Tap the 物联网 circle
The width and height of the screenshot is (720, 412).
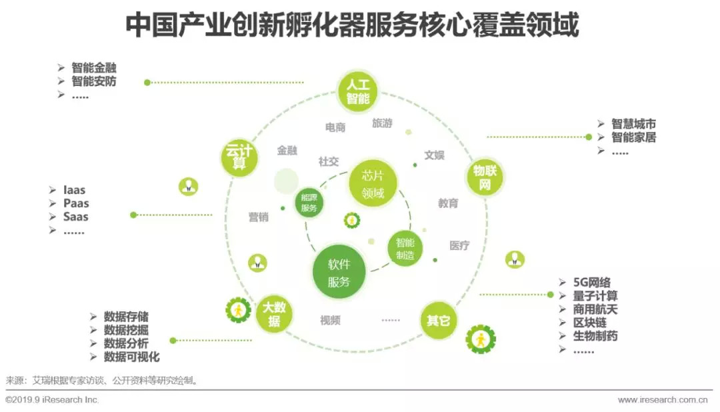(x=484, y=177)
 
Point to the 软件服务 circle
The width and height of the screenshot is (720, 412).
(x=339, y=272)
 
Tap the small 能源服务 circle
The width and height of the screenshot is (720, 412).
(x=309, y=202)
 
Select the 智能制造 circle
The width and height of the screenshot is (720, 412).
(x=405, y=249)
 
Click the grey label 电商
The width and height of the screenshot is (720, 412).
(x=335, y=127)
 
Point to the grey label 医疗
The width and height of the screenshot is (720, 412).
(x=459, y=245)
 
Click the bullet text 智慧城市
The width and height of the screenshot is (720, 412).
(x=633, y=124)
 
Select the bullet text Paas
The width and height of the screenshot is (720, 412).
(x=76, y=203)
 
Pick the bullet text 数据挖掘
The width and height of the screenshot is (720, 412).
(x=126, y=330)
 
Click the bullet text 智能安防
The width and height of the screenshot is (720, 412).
(x=94, y=81)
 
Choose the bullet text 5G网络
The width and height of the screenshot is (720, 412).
(x=592, y=282)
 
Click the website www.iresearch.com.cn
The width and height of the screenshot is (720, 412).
(x=663, y=400)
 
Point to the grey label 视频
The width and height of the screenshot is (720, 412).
(x=330, y=321)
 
